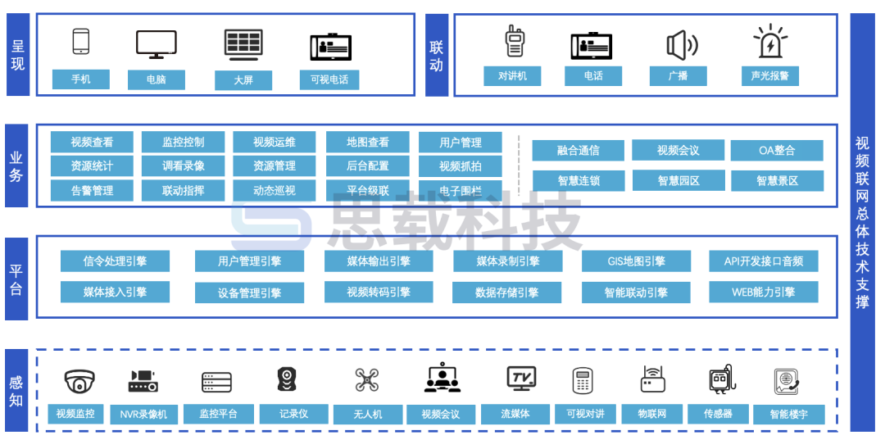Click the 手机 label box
[x=81, y=79]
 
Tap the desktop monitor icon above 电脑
[x=156, y=44]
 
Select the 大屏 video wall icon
[x=243, y=45]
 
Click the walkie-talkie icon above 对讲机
[x=514, y=41]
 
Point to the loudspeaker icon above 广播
[x=681, y=44]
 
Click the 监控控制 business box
[x=183, y=142]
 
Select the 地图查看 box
[x=367, y=142]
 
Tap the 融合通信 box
[x=578, y=150]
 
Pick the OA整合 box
[x=776, y=150]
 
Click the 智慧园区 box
[x=678, y=180]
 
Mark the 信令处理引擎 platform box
[x=115, y=261]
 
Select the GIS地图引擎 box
[x=636, y=261]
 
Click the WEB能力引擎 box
[x=763, y=292]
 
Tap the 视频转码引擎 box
[x=378, y=292]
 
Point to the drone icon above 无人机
[x=367, y=380]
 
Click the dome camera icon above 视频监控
[x=79, y=381]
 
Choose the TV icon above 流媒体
[x=521, y=378]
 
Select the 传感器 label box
[x=717, y=414]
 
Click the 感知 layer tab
[x=16, y=391]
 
